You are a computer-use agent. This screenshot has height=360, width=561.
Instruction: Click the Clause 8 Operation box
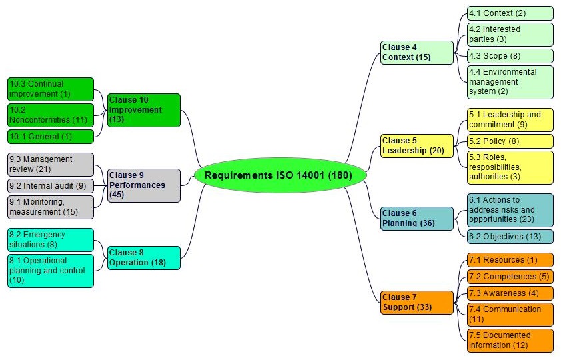[144, 257]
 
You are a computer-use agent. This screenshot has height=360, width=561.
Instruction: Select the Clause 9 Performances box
[144, 185]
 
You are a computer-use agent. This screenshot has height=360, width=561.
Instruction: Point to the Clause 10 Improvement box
[144, 109]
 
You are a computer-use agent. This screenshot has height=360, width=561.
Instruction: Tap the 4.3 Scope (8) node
[510, 56]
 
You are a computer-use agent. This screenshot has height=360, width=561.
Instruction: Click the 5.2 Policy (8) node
[510, 141]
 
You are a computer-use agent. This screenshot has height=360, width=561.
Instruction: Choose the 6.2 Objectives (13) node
[510, 237]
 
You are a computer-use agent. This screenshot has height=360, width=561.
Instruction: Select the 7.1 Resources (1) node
[510, 260]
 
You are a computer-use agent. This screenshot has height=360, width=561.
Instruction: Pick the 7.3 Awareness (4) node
[510, 293]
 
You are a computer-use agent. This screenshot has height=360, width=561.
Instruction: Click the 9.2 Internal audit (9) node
[51, 186]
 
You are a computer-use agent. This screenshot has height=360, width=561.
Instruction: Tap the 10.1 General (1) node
[51, 137]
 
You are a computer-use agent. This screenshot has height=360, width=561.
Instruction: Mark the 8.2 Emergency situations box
[51, 239]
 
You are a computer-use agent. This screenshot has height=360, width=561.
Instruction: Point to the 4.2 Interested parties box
[510, 34]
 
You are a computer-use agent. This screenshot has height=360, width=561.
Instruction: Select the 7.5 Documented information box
[510, 340]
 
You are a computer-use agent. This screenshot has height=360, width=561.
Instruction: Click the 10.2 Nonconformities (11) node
[51, 115]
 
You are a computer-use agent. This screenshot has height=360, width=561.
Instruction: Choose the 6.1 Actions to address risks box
[510, 209]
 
